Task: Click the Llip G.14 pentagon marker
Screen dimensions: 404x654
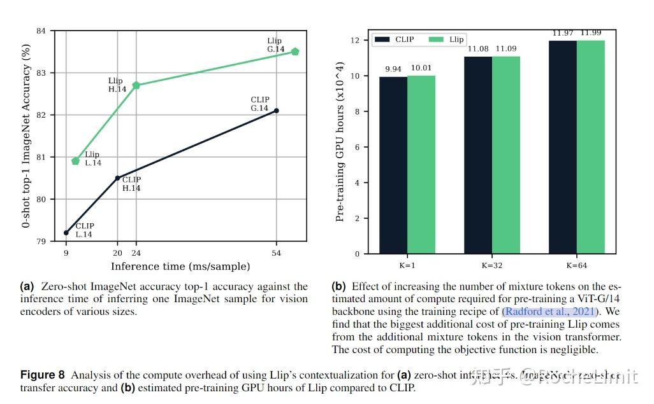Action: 294,52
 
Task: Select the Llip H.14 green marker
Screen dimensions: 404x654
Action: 136,85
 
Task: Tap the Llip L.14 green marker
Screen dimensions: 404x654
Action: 76,161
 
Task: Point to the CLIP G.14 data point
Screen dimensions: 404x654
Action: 276,111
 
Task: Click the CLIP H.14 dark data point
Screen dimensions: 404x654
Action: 117,178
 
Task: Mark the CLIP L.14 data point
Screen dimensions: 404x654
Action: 66,233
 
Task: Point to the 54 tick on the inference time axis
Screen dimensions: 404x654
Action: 276,253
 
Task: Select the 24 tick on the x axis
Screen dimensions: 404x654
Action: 136,253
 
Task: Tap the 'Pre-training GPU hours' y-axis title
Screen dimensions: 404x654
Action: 340,142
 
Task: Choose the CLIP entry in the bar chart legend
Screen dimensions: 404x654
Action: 395,39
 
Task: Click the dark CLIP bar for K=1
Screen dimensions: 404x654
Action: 393,165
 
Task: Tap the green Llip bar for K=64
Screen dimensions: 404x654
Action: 590,147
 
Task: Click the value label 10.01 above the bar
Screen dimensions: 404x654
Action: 421,69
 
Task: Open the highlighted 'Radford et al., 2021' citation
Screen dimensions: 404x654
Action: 550,312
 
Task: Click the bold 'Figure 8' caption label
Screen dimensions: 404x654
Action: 43,374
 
